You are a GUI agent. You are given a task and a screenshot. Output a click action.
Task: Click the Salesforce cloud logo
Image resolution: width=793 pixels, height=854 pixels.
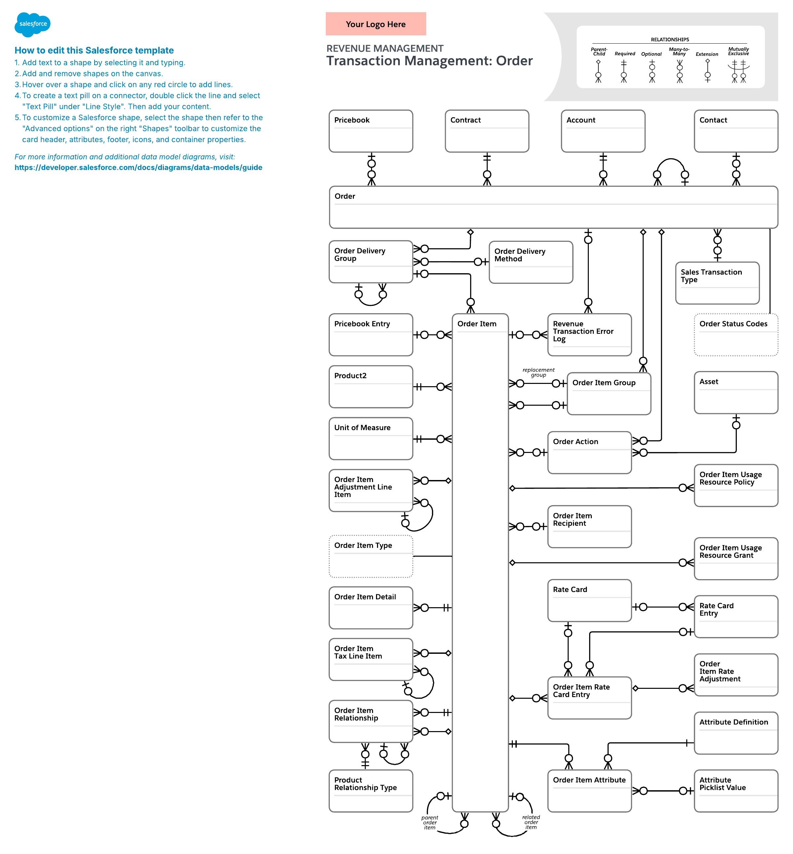click(x=33, y=24)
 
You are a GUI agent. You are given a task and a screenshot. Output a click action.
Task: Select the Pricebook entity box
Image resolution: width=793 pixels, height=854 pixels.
click(x=371, y=131)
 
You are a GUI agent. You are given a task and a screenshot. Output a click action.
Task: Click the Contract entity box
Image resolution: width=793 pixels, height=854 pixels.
click(x=487, y=131)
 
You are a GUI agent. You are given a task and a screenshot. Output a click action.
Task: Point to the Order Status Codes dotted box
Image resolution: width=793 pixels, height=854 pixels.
click(x=736, y=335)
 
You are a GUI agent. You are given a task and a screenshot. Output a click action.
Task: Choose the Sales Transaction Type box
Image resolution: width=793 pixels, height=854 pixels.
click(x=717, y=283)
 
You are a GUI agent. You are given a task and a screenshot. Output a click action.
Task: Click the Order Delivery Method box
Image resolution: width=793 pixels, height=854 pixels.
click(x=531, y=262)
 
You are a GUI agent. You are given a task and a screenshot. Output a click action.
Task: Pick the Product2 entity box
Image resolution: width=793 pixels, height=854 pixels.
click(x=371, y=386)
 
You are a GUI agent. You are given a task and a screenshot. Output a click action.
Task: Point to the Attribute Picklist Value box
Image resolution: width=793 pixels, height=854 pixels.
click(x=736, y=791)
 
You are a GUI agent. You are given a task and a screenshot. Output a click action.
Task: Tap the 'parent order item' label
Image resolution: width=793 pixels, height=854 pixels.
click(x=430, y=822)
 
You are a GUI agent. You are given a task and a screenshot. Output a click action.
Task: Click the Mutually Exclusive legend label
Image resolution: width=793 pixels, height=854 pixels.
click(x=738, y=51)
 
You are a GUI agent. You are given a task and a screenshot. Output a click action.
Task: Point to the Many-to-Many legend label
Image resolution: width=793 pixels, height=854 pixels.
click(x=679, y=51)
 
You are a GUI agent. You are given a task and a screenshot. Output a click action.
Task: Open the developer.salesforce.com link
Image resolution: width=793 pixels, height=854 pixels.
click(x=138, y=167)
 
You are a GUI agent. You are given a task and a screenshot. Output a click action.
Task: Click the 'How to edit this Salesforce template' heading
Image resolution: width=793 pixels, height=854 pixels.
click(x=94, y=50)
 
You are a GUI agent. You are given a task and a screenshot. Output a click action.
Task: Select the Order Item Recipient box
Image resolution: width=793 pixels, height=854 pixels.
click(x=589, y=526)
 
